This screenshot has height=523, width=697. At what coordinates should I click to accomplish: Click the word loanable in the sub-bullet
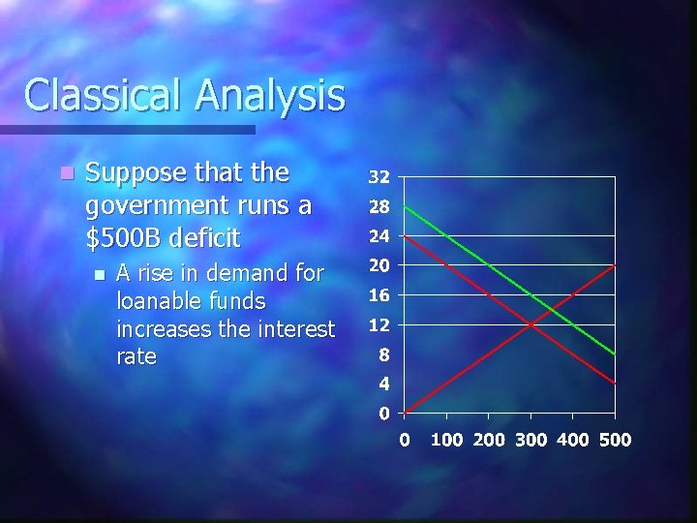[155, 301]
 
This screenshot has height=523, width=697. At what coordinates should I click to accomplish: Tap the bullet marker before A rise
[98, 274]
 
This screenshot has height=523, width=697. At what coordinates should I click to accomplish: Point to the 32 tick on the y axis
[379, 177]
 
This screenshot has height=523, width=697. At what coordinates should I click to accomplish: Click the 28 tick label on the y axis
[379, 206]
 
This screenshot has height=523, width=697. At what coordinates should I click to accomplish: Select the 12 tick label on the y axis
[379, 324]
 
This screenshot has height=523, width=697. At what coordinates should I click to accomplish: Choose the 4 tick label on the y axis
[384, 384]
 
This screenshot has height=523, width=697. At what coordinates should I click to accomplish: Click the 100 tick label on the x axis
[446, 441]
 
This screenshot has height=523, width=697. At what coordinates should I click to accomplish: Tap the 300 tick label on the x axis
[530, 441]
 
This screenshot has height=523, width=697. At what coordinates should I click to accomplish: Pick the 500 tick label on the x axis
[615, 441]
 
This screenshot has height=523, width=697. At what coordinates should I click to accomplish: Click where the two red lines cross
[530, 324]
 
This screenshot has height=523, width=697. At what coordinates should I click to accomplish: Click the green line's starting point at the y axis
[405, 206]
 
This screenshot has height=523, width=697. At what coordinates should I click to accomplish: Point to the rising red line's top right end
[615, 265]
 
